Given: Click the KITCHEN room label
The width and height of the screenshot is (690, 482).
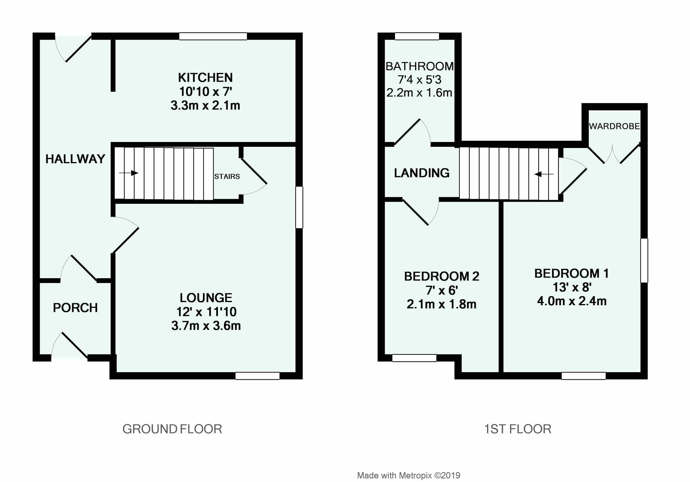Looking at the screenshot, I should pos(205,78).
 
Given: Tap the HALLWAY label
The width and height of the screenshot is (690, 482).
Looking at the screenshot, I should pos(75,159).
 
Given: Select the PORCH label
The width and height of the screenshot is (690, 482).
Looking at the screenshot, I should pos(75,308).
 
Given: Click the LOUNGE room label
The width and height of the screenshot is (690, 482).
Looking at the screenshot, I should pos(206,298).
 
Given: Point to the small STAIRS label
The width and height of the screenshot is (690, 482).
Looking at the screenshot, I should pos(227,176).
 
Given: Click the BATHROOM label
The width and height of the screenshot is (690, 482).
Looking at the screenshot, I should pos(419,66).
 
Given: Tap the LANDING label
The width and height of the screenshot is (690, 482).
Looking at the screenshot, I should pos(422,173).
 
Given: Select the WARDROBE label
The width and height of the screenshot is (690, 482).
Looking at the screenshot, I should pos(614,126).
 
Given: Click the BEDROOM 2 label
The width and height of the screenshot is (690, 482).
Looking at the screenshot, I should pos(442,276).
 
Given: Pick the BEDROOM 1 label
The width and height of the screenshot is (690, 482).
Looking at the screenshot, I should pos(571,273).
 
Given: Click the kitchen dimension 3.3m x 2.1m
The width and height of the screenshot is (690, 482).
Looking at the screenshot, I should pos(205,105).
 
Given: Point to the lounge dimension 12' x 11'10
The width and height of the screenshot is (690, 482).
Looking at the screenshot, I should pos(206,312).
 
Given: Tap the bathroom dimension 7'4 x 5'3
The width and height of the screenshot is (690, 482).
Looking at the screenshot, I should pos(419,80).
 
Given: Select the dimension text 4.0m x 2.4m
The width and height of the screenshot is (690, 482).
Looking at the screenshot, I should pos(572,301).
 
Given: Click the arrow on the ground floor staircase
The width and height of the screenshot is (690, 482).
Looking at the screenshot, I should pos(129,173).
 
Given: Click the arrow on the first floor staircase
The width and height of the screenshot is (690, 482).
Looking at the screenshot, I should pos(544,174).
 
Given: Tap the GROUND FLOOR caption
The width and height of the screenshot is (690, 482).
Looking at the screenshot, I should pos(172,429).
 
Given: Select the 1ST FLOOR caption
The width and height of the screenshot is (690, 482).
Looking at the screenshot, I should pos(517,429).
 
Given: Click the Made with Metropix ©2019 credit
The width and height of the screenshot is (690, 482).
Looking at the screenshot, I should pos(409,475).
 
